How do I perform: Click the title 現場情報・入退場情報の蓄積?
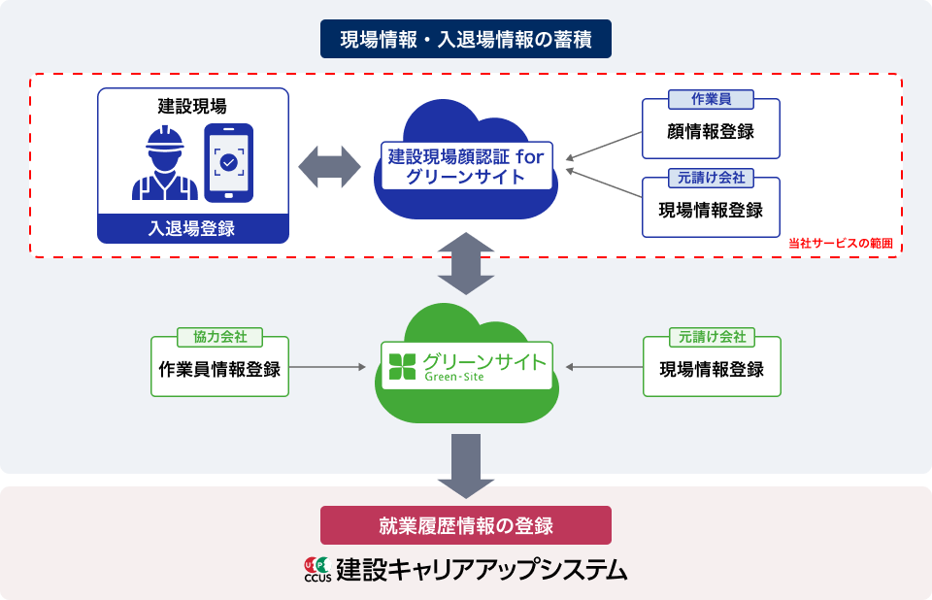coord(465,40)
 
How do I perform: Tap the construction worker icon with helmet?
coord(164,163)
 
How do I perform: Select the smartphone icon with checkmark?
coord(228,162)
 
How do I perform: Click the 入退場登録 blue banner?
coord(192,228)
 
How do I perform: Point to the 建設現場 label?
coord(192,104)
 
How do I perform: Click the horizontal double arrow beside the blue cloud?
coord(330,166)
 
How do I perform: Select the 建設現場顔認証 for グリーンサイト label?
coord(465,165)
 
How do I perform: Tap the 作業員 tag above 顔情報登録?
coord(711,101)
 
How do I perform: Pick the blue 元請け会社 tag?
coord(711,179)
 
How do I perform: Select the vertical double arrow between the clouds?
coord(466,263)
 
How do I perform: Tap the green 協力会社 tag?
coord(219,337)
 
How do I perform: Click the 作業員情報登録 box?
coord(219,370)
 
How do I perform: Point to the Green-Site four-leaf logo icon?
coord(401,366)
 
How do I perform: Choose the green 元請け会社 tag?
coord(711,337)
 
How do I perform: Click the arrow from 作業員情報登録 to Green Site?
coord(329,367)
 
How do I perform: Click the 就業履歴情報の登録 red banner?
coord(465,525)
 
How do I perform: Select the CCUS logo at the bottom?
coord(317,570)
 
